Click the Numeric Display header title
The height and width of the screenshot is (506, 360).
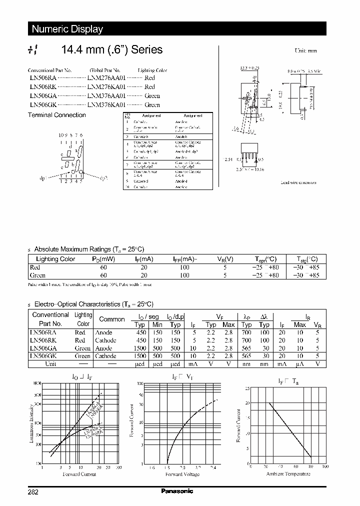67,29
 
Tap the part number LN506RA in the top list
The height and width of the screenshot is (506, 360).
42,78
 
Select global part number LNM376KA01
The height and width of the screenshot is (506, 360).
107,105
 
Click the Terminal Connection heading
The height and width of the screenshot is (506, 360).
56,115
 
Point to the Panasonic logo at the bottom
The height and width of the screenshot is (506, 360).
177,491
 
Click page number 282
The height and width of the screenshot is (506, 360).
33,491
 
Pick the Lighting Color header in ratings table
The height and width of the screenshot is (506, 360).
55,259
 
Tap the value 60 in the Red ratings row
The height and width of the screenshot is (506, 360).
103,267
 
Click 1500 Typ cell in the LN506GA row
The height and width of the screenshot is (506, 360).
141,348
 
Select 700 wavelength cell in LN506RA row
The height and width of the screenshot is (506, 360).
247,332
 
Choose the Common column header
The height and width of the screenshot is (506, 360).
112,319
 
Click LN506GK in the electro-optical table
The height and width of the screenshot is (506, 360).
43,356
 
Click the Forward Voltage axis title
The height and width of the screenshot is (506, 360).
182,474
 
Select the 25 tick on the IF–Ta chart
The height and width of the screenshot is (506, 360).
246,388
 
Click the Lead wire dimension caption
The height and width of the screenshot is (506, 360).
298,182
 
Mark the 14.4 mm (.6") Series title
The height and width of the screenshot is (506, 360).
111,49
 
